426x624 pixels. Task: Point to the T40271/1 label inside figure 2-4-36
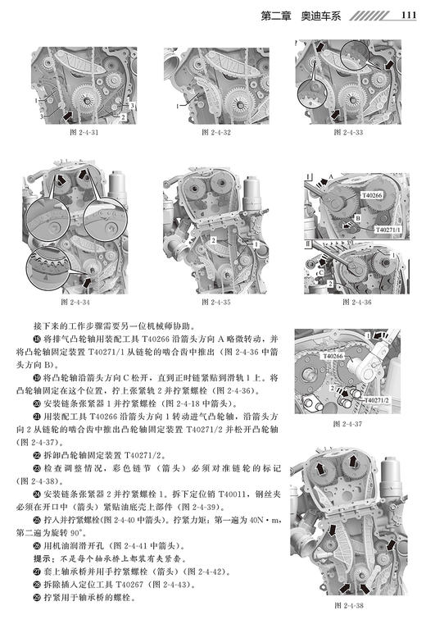[x=385, y=231]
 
